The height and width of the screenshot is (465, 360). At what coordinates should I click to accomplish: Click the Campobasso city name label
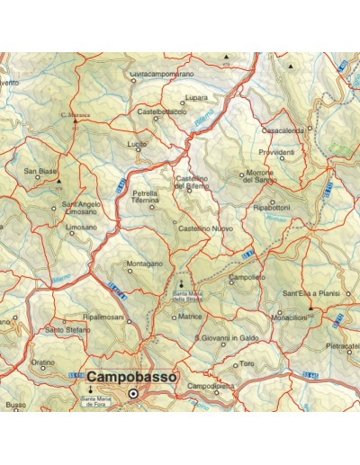tap(131, 378)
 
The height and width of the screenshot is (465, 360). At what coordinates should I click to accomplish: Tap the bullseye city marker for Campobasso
tap(133, 394)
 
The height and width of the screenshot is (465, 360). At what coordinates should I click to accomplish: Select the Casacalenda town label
tap(283, 130)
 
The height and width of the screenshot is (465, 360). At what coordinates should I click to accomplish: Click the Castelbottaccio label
tap(162, 112)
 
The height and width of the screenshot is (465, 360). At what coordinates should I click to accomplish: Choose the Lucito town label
tap(137, 144)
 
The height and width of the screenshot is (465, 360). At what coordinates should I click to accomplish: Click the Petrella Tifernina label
tap(146, 197)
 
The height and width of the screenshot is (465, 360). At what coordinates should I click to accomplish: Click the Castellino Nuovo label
tap(206, 229)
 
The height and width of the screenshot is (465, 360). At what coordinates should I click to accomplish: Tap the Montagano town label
tap(144, 264)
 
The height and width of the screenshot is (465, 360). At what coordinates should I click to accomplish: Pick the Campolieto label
tap(247, 278)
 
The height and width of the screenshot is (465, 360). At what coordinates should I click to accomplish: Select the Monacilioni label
tap(290, 318)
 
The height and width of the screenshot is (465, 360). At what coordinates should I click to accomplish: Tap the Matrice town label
tap(190, 317)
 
